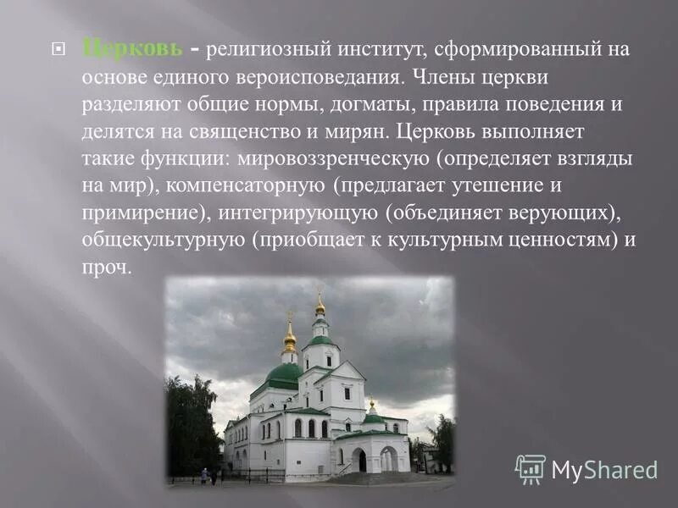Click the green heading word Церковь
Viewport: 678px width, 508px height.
click(131, 48)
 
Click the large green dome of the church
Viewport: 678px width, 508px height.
click(284, 373)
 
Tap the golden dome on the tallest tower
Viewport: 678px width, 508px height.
click(320, 306)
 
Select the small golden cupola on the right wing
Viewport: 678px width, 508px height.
click(372, 406)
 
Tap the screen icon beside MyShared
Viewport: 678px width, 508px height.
click(531, 469)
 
